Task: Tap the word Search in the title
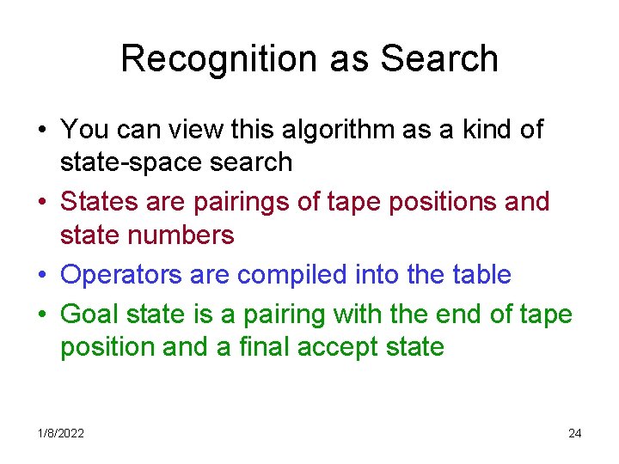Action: click(438, 58)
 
